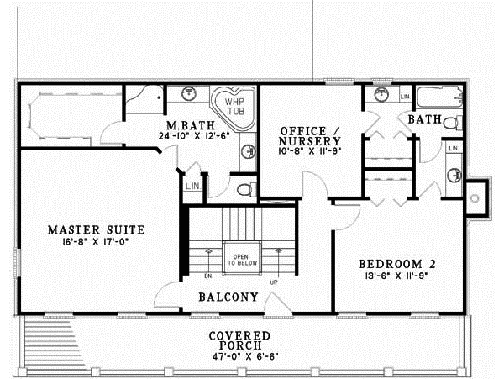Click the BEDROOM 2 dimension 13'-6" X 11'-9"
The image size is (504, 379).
(x=400, y=275)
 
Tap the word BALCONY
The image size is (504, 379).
(x=228, y=297)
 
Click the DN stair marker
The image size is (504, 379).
(x=207, y=274)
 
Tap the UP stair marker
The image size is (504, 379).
(x=273, y=282)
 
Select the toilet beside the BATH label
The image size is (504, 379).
(x=451, y=124)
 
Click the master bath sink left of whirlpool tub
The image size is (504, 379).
(x=192, y=92)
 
